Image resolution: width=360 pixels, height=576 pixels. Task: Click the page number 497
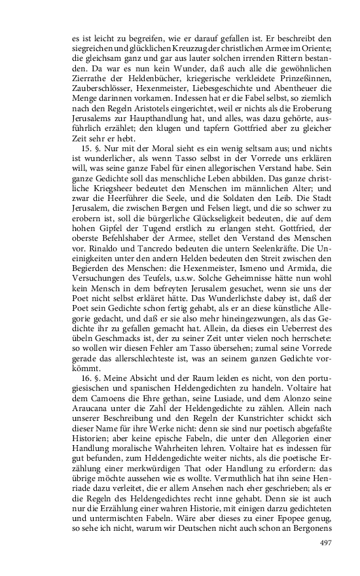[x=326, y=542]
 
